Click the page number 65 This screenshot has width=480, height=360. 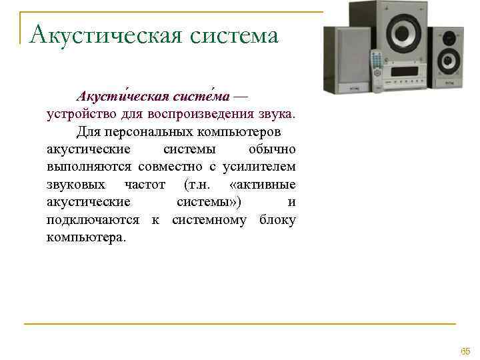pyautogui.click(x=465, y=351)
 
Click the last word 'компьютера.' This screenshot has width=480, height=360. pyautogui.click(x=85, y=237)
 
